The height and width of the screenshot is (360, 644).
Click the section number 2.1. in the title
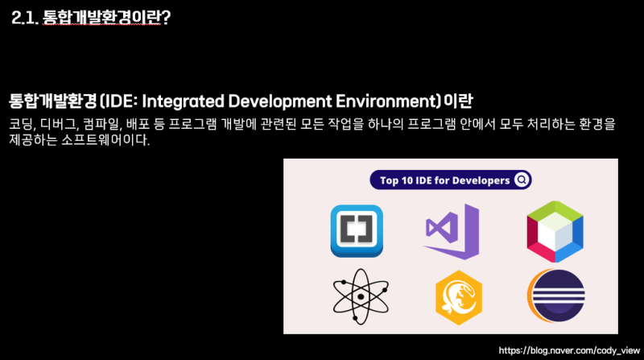25,17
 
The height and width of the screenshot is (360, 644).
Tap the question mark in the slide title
166,17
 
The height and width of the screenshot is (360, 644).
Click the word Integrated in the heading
184,101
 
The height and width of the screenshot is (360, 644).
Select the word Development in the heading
280,101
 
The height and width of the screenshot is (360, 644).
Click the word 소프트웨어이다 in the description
105,139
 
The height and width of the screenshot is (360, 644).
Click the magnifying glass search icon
522,180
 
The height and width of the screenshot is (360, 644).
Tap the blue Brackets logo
357,231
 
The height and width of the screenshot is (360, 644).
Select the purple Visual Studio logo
452,231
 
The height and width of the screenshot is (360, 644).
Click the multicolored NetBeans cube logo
555,231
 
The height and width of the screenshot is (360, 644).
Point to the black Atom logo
361,296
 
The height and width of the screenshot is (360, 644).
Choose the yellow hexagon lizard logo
459,297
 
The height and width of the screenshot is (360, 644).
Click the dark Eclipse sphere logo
556,296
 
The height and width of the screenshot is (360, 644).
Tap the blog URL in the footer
569,350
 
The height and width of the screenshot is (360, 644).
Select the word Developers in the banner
481,180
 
